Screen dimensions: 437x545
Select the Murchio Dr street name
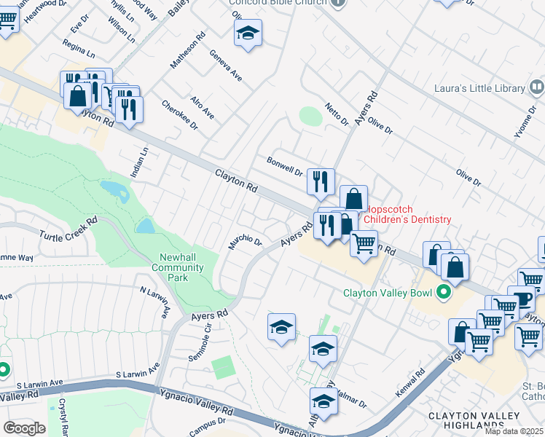[x=244, y=242]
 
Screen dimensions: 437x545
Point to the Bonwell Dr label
[x=284, y=166]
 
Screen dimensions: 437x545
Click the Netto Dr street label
[x=337, y=114]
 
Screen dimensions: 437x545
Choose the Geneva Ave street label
[x=225, y=65]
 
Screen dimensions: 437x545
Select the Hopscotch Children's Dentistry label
[x=407, y=214]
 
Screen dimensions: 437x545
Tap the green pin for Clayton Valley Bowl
[x=441, y=294]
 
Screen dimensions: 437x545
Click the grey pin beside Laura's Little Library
[x=537, y=88]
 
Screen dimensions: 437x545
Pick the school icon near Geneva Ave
[x=248, y=34]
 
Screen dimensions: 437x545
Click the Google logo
[x=25, y=428]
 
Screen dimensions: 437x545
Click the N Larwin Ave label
[x=154, y=299]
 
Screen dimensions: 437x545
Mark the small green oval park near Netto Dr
[x=310, y=116]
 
